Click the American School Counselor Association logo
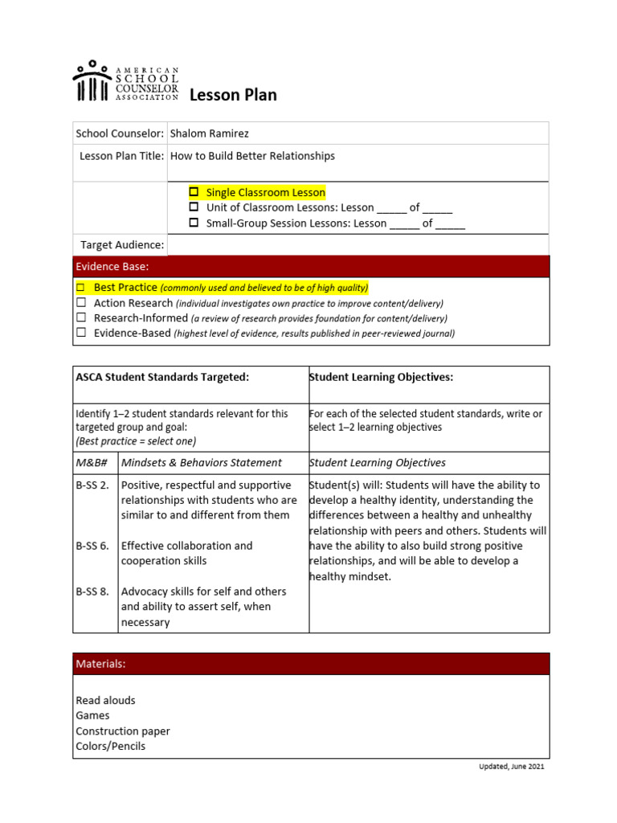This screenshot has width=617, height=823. click(125, 81)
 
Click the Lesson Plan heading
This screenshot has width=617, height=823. click(233, 95)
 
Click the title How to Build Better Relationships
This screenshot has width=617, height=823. click(252, 156)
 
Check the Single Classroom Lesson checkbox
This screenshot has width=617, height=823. click(194, 192)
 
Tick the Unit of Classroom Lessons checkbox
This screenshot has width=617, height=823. click(194, 207)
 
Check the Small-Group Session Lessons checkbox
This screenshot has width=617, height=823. click(194, 223)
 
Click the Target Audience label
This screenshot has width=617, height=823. click(122, 244)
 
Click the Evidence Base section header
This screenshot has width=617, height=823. click(112, 266)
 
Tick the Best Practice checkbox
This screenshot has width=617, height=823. click(80, 287)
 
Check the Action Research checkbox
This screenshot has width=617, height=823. click(80, 303)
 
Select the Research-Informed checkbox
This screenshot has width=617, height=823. click(80, 318)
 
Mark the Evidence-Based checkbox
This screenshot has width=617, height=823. click(80, 333)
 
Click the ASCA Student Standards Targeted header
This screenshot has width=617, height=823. click(162, 377)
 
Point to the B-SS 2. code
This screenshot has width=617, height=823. click(92, 485)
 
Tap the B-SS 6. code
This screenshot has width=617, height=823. click(92, 546)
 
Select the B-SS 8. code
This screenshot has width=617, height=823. click(92, 592)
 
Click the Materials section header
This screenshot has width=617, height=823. click(100, 664)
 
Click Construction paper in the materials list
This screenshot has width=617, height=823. click(123, 731)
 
